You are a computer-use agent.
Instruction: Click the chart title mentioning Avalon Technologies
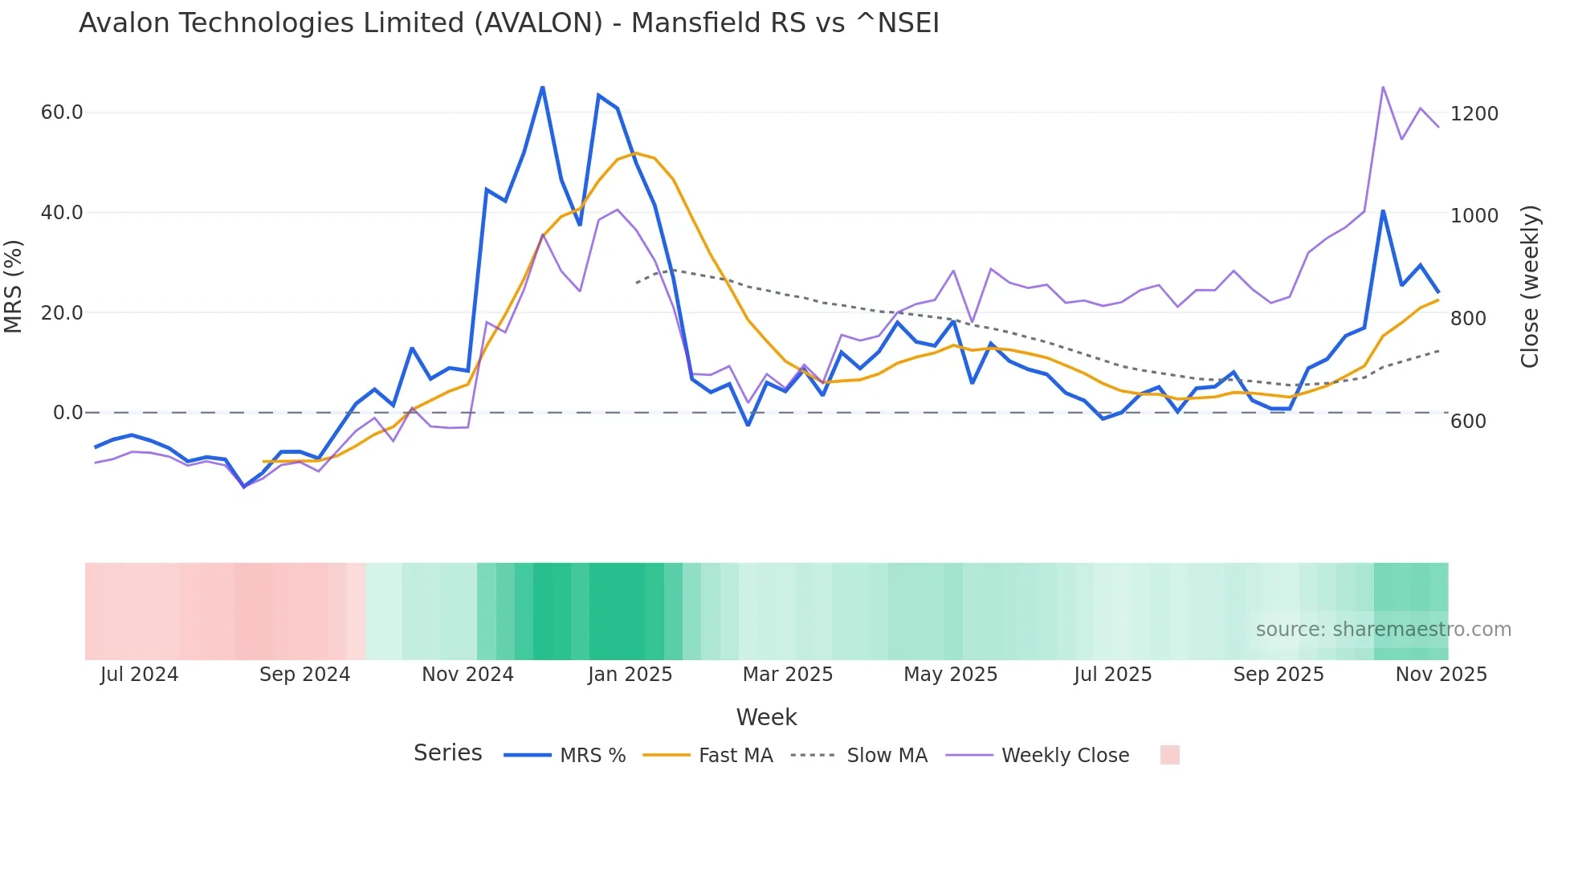pyautogui.click(x=508, y=23)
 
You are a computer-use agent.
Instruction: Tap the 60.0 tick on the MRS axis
pyautogui.click(x=62, y=112)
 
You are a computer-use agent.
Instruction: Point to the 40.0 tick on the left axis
pyautogui.click(x=62, y=213)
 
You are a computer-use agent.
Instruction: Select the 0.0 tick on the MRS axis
pyautogui.click(x=67, y=413)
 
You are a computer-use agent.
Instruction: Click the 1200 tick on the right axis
pyautogui.click(x=1474, y=114)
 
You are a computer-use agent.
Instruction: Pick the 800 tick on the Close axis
pyautogui.click(x=1468, y=319)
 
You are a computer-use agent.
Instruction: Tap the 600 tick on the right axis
pyautogui.click(x=1468, y=422)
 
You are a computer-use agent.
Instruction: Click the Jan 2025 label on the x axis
pyautogui.click(x=630, y=675)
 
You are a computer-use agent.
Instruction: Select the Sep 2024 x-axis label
pyautogui.click(x=304, y=675)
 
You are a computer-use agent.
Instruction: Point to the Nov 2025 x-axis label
pyautogui.click(x=1441, y=675)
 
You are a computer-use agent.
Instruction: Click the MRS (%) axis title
pyautogui.click(x=14, y=287)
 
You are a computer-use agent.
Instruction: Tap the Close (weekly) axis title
pyautogui.click(x=1530, y=287)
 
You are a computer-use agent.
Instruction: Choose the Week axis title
pyautogui.click(x=766, y=717)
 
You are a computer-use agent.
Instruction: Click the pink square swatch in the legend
pyautogui.click(x=1169, y=755)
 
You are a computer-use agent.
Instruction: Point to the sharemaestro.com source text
pyautogui.click(x=1383, y=630)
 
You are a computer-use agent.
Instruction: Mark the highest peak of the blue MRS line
pyautogui.click(x=543, y=87)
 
